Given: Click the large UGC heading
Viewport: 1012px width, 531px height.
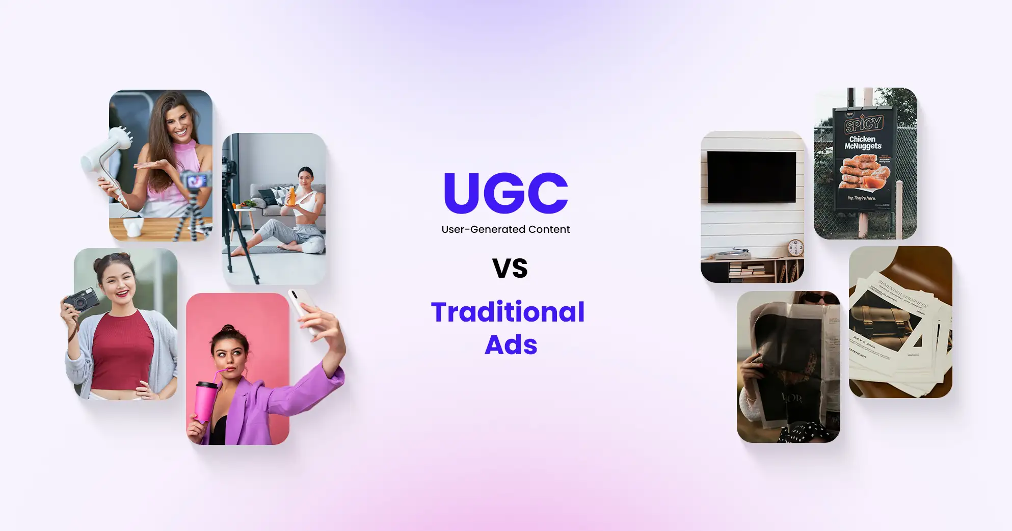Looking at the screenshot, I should pos(505,193).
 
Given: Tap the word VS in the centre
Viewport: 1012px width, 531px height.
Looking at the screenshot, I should pos(510,269).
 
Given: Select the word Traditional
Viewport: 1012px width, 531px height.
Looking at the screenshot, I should pos(508,312).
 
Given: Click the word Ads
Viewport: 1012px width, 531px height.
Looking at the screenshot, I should pos(511,345).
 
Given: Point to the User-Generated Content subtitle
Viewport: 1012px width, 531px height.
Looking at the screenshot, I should pos(505,229).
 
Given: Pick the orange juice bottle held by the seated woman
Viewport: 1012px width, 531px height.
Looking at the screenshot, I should pos(291,196).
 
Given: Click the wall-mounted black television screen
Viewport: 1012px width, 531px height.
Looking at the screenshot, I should pos(752,177).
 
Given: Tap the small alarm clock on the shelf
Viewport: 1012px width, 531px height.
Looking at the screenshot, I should pos(795,248).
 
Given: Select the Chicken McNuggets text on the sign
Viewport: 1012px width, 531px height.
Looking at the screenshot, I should pos(863,143).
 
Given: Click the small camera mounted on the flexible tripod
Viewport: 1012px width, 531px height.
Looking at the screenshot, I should pos(197,181).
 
